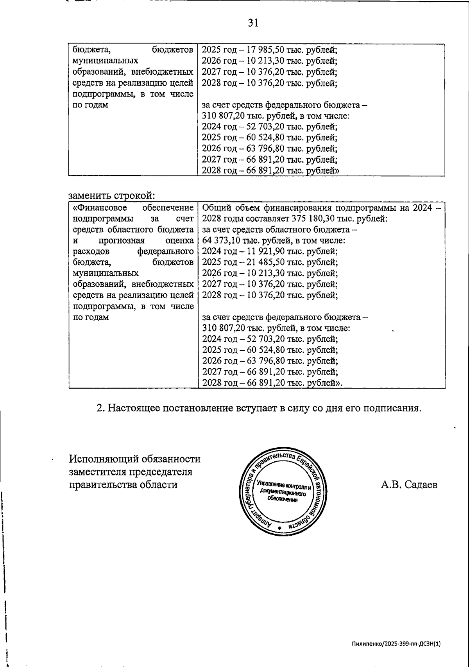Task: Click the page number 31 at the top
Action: [253, 23]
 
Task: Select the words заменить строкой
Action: [112, 195]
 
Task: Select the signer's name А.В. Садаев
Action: [409, 485]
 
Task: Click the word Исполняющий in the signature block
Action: [102, 459]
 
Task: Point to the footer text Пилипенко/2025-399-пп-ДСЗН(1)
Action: [396, 644]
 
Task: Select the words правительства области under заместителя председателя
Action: [123, 485]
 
